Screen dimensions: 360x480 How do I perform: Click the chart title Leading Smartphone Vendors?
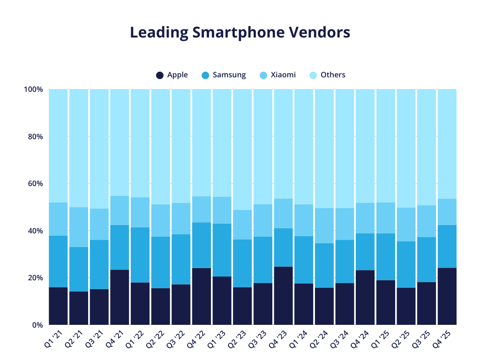point(240,32)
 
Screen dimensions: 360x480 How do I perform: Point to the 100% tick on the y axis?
point(33,89)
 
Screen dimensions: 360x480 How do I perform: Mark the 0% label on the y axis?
point(37,325)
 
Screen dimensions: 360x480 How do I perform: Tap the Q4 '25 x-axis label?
point(442,338)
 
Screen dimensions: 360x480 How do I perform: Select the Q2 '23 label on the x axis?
point(237,338)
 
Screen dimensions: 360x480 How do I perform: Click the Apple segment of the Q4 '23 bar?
point(283,296)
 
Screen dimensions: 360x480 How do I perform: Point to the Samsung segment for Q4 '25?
point(447,246)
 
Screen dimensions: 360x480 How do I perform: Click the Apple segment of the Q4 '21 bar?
point(120,297)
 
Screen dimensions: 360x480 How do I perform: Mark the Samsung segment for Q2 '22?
point(160,262)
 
